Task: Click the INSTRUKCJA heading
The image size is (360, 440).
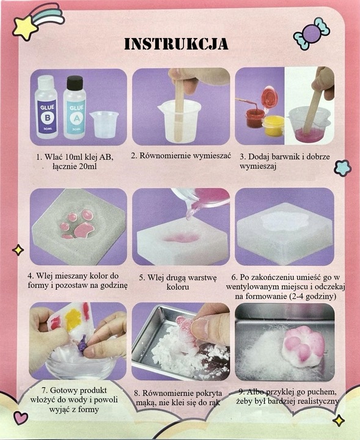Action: click(176, 44)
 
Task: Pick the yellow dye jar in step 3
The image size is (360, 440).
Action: click(273, 125)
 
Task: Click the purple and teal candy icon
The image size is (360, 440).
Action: click(311, 34)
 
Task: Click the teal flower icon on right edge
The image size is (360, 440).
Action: click(342, 167)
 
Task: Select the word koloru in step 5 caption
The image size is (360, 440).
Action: click(180, 287)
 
